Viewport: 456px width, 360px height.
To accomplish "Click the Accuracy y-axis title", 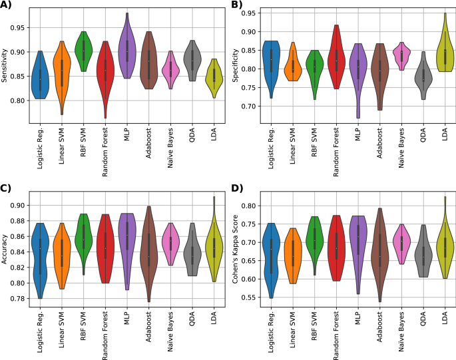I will (x=5, y=251).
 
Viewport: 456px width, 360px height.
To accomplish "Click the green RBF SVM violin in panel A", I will (x=83, y=52).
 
